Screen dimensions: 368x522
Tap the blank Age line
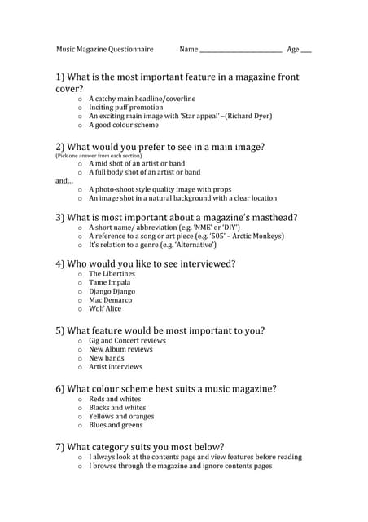[306, 51]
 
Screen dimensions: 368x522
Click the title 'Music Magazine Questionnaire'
[104, 49]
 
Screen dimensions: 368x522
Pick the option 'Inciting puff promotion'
[125, 107]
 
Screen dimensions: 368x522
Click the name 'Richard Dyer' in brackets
[248, 117]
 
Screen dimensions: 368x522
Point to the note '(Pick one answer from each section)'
[97, 155]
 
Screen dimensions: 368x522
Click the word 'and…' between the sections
[64, 180]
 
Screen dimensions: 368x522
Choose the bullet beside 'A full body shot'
[80, 173]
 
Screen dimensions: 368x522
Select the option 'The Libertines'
[113, 274]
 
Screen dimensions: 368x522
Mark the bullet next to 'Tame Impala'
[80, 283]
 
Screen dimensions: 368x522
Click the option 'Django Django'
[112, 291]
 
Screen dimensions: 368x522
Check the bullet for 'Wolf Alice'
[80, 309]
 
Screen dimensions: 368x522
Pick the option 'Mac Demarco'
[110, 300]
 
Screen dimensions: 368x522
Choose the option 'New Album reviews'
[120, 349]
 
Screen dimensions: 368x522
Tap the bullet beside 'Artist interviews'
[80, 368]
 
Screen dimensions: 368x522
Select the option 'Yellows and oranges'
[121, 416]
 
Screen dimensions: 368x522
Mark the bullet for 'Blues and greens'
[80, 425]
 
